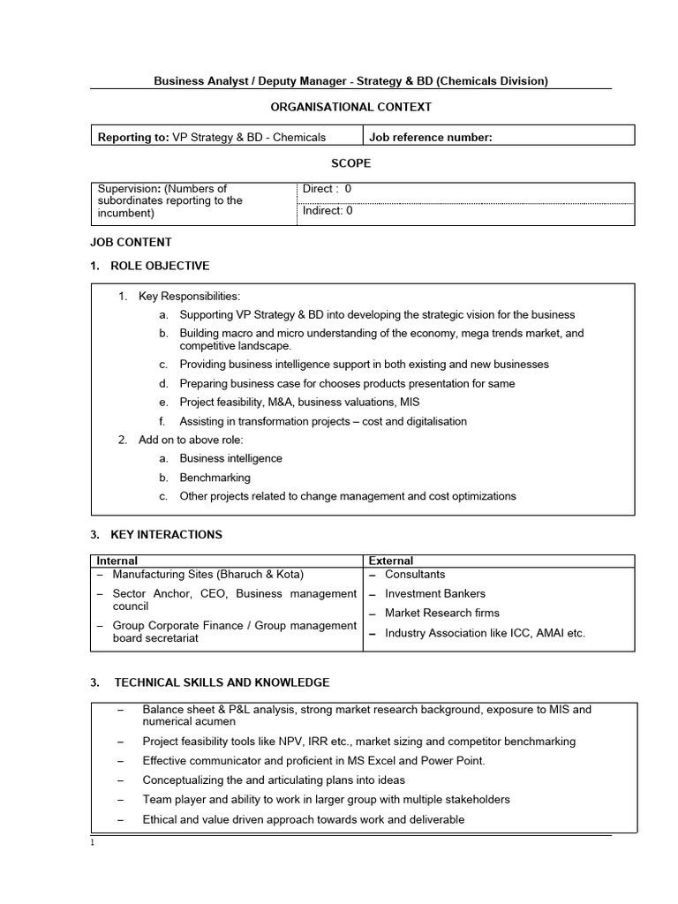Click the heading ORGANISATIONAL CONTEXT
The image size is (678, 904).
coord(350,107)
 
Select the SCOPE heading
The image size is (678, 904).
coord(350,163)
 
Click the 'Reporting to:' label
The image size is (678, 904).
coord(132,137)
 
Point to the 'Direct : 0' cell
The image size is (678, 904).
coord(327,189)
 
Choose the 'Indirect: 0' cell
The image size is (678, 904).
coord(328,211)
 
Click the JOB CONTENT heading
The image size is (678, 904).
coord(131,242)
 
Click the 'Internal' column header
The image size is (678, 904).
coord(117,561)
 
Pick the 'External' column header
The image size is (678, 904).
coord(390,561)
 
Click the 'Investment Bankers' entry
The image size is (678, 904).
coord(435,594)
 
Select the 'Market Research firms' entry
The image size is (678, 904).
coord(441,613)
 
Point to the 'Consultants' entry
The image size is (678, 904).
coord(415,575)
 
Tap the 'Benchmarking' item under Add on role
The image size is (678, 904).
coord(215,478)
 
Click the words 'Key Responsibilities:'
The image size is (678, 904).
coord(189,297)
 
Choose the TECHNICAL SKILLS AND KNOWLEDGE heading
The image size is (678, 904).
coord(222,682)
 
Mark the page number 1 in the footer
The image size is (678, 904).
coord(93,841)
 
